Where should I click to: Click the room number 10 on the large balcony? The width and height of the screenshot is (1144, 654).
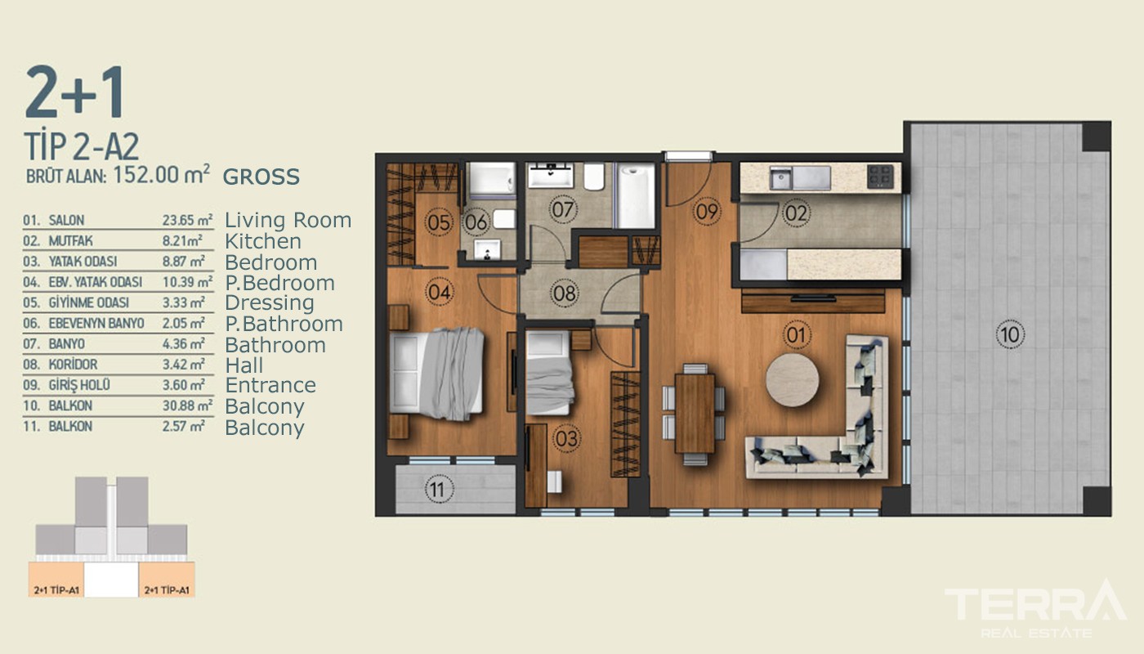tap(1010, 334)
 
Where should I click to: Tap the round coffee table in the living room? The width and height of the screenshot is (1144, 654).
tap(792, 379)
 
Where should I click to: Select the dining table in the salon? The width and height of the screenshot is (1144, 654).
tap(695, 414)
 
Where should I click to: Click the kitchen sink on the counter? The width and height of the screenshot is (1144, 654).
tap(780, 177)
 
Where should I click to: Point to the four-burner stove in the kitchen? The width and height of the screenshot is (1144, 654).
tap(880, 176)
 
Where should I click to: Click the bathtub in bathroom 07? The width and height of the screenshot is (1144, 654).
tap(635, 195)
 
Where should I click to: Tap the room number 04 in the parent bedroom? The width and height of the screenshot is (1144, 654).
tap(440, 292)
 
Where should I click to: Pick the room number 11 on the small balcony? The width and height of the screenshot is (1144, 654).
tap(437, 490)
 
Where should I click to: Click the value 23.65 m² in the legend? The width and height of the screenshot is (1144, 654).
tap(187, 220)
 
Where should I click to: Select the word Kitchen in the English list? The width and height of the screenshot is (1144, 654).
tap(263, 241)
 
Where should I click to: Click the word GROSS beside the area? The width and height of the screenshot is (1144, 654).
tap(261, 177)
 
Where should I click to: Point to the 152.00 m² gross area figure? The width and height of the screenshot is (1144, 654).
tap(161, 174)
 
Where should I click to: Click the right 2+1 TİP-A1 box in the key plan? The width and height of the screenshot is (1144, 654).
tap(167, 580)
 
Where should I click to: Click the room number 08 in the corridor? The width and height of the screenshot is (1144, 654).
tap(565, 293)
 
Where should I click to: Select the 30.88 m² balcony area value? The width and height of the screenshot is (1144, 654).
tap(187, 405)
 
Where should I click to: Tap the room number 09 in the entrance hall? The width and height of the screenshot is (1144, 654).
tap(707, 211)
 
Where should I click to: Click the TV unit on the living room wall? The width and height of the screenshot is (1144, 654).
tap(813, 302)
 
